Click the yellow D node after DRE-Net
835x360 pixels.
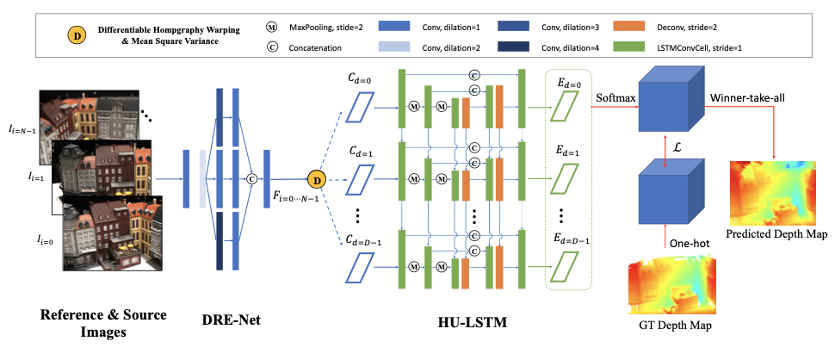coord(316,180)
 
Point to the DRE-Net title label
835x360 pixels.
coord(230,320)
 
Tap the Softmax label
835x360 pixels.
coord(615,97)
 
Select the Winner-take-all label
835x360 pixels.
coord(746,97)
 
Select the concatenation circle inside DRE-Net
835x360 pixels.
coord(252,179)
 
